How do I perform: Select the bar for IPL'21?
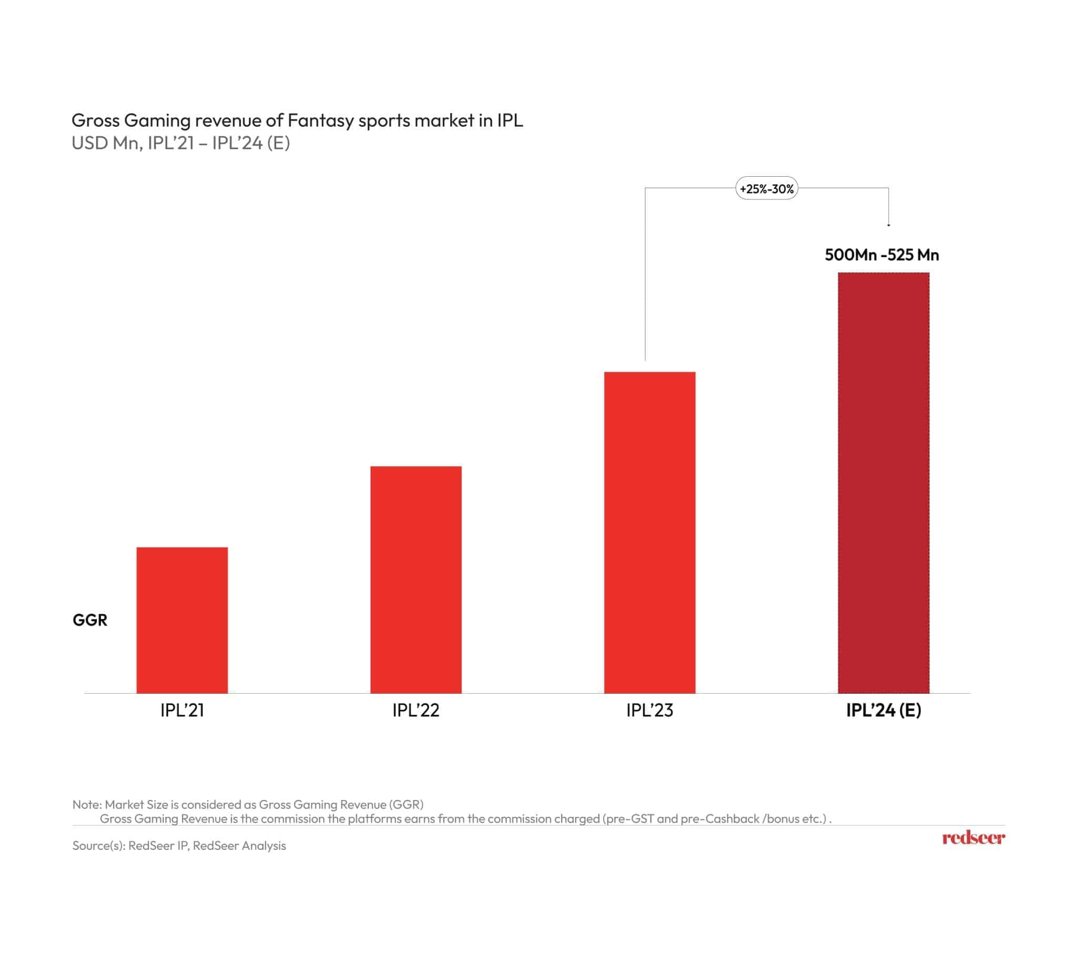[x=182, y=620]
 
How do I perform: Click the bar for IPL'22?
[x=416, y=580]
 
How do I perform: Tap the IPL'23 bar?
[x=649, y=532]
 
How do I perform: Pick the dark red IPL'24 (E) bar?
[x=883, y=483]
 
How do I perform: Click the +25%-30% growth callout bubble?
[x=767, y=188]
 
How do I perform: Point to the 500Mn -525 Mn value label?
[x=882, y=255]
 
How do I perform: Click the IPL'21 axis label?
[x=182, y=710]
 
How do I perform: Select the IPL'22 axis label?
[x=416, y=710]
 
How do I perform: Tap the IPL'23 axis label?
[x=649, y=710]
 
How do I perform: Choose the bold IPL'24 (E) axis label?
[x=883, y=710]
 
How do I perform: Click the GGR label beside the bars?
[x=90, y=620]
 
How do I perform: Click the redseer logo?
[x=973, y=838]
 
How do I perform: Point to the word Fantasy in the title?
[x=321, y=120]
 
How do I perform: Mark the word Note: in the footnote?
[x=87, y=805]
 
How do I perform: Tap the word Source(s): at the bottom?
[x=98, y=846]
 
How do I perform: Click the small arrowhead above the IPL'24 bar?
[x=889, y=225]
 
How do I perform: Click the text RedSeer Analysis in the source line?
[x=239, y=846]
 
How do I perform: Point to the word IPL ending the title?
[x=510, y=120]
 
